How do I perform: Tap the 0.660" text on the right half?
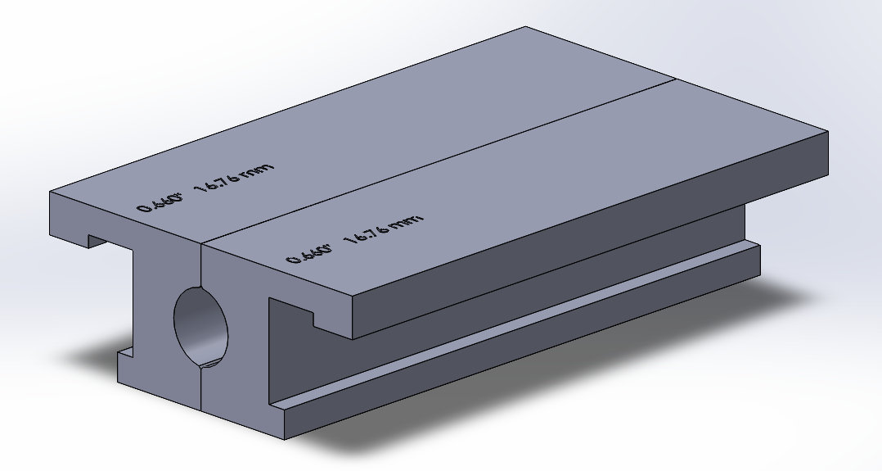308,252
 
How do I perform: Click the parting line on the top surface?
442,161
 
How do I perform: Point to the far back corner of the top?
525,28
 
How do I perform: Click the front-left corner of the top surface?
52,192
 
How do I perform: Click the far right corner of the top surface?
828,130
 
